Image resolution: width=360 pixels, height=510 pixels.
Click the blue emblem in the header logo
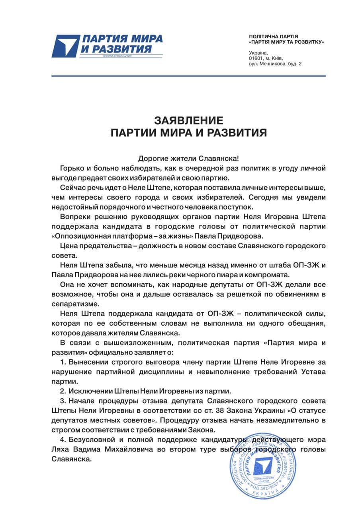pos(66,46)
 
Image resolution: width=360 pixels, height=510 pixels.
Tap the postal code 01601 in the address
pos(256,58)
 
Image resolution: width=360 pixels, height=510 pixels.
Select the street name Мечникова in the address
pos(272,64)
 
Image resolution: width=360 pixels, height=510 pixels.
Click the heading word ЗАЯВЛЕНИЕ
pos(189,120)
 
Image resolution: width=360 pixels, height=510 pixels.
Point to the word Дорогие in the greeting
pos(152,158)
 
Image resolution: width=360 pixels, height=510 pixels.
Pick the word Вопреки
pos(74,217)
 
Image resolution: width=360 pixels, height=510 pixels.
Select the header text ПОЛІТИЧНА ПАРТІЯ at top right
pos(273,36)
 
